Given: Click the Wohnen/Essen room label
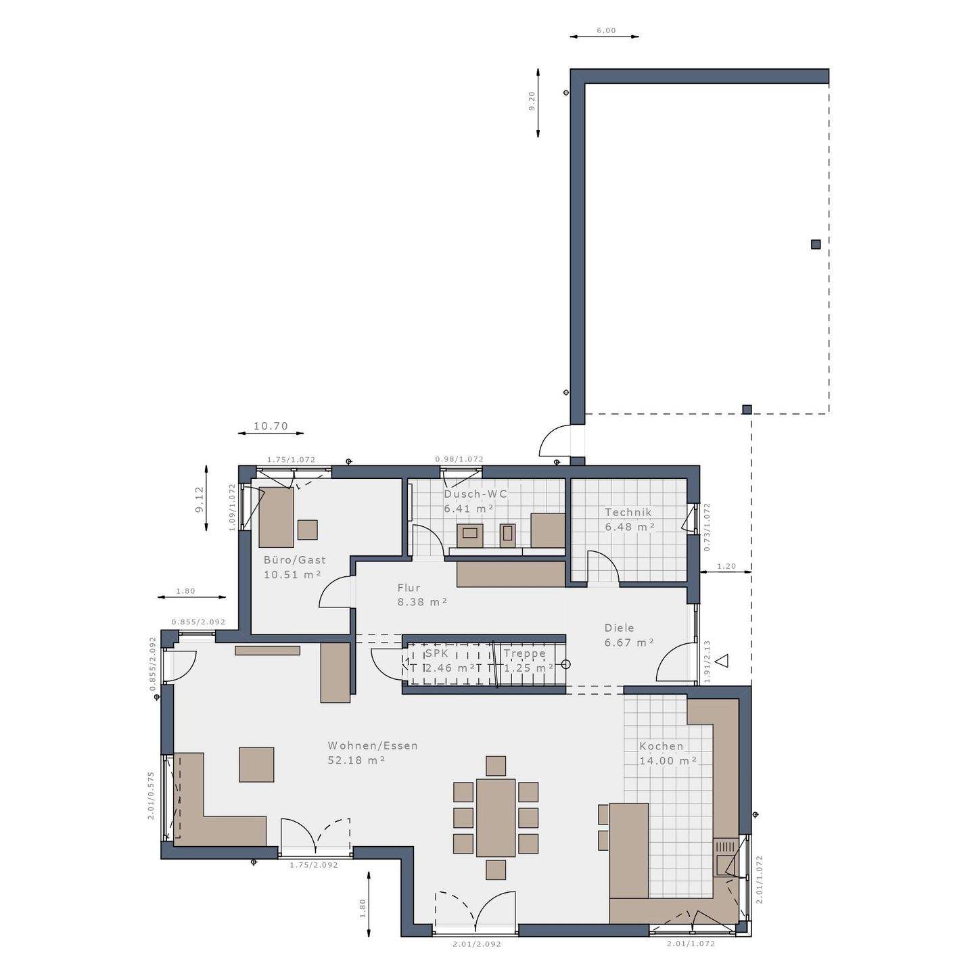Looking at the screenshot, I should (373, 745).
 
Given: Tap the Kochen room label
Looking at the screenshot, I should (661, 746).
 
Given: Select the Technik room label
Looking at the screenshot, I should (628, 512).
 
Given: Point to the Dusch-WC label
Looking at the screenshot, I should (475, 494).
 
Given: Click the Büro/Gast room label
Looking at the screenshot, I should (294, 560).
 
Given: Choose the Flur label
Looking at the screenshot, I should (409, 588).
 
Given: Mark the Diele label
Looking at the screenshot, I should (619, 628).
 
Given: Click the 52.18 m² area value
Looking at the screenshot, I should (356, 760).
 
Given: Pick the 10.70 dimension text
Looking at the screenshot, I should (271, 426).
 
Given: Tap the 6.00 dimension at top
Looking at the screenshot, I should (606, 30).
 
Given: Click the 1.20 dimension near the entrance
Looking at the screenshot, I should (726, 566).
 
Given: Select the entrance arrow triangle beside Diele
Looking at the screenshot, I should (722, 661).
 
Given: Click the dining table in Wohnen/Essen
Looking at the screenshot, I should (496, 817).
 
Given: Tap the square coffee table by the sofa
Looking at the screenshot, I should (256, 764).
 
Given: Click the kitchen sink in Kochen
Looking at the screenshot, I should (726, 864).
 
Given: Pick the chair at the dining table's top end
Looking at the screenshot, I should (496, 766).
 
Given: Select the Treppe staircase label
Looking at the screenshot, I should (524, 654).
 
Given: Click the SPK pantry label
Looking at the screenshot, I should (436, 654).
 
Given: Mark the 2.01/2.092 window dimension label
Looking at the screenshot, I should (476, 944).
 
